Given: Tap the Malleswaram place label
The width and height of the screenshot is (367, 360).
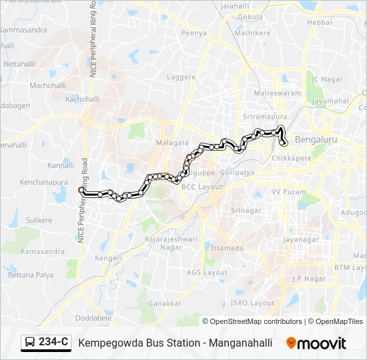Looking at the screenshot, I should pyautogui.click(x=278, y=93).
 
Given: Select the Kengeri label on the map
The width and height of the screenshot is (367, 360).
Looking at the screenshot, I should pyautogui.click(x=108, y=257).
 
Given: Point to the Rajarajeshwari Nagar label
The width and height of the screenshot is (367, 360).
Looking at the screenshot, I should pyautogui.click(x=162, y=242).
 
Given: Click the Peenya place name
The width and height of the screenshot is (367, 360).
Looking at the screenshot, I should pyautogui.click(x=194, y=32).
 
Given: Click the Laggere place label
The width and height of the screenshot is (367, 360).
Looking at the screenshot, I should pyautogui.click(x=181, y=77).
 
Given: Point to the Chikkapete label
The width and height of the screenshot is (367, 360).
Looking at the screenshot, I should pyautogui.click(x=294, y=159).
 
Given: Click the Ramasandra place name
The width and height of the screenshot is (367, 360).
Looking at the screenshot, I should pyautogui.click(x=43, y=251).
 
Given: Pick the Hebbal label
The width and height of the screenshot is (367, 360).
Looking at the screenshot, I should pyautogui.click(x=319, y=22).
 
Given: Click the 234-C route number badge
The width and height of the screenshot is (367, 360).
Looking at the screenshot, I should pyautogui.click(x=53, y=342).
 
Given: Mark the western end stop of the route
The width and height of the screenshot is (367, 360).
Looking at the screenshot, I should pyautogui.click(x=82, y=191).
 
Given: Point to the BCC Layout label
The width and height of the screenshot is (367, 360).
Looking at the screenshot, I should pyautogui.click(x=202, y=187).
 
